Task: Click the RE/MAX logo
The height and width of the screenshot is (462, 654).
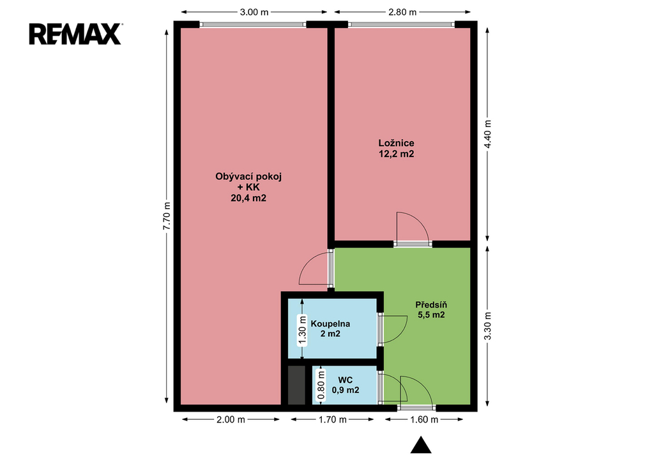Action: (75, 34)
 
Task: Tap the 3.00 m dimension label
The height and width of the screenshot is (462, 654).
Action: (254, 12)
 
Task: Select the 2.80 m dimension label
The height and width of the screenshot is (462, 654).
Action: (402, 12)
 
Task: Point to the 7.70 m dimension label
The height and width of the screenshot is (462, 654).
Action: (167, 216)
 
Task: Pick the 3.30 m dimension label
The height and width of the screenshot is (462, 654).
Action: (487, 326)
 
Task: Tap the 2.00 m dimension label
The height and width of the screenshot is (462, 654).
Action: (231, 419)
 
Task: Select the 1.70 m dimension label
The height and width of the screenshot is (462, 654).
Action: (332, 419)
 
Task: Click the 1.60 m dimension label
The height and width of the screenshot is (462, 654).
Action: (424, 419)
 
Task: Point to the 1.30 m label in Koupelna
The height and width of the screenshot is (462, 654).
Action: (302, 330)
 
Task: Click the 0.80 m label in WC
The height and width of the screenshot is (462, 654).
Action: (321, 385)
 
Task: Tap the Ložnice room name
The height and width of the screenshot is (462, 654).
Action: (396, 143)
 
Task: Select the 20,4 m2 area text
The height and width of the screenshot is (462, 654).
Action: (248, 198)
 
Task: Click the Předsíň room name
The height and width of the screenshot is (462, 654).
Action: (431, 304)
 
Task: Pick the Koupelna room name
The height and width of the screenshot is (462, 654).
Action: (330, 324)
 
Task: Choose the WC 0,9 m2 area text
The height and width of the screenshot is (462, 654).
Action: (346, 391)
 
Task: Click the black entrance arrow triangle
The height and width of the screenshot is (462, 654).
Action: (421, 445)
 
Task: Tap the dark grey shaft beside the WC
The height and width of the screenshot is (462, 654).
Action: (296, 385)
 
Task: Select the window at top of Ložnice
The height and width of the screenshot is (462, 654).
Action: (401, 25)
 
